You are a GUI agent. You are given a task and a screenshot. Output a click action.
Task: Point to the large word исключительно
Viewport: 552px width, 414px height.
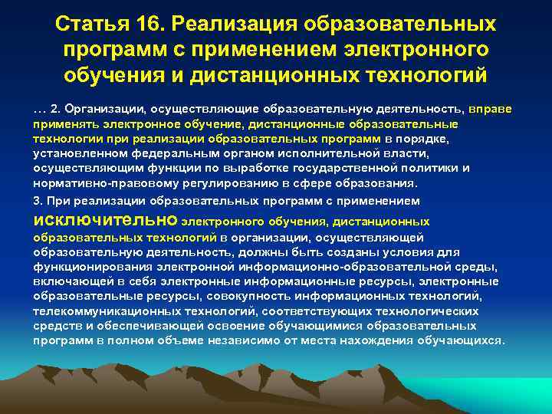(104, 221)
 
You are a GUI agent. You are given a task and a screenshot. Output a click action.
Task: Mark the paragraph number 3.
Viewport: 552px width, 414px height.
(37, 200)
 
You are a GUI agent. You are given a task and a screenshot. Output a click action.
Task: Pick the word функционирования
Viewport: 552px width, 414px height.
(85, 268)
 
